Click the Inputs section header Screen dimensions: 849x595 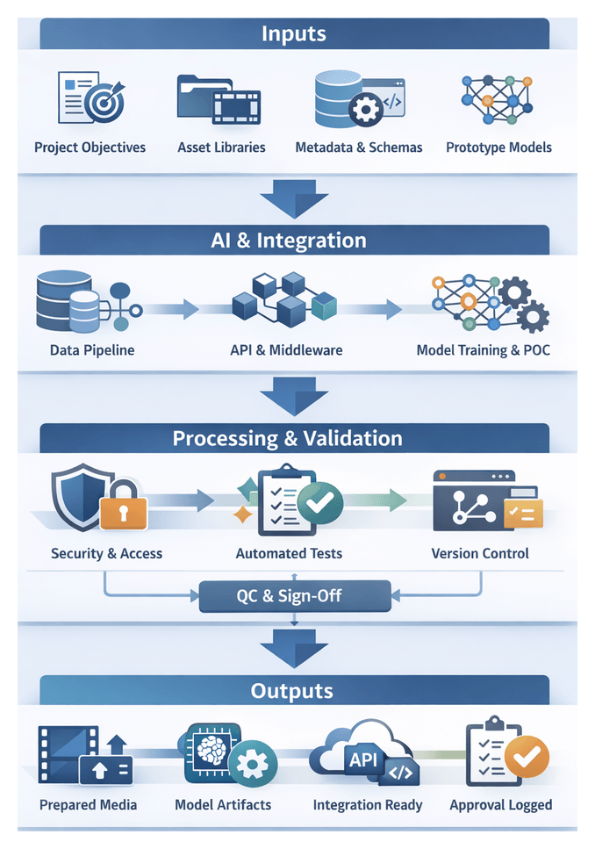click(294, 34)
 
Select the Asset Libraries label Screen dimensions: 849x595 click(221, 147)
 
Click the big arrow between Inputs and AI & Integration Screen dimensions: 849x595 click(294, 199)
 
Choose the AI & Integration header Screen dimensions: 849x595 click(294, 241)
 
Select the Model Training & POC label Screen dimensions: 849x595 click(483, 350)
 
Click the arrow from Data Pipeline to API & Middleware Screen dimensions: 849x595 click(172, 308)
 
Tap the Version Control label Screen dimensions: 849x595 click(480, 554)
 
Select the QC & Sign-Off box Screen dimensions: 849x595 click(294, 597)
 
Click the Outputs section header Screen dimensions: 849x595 click(294, 691)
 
